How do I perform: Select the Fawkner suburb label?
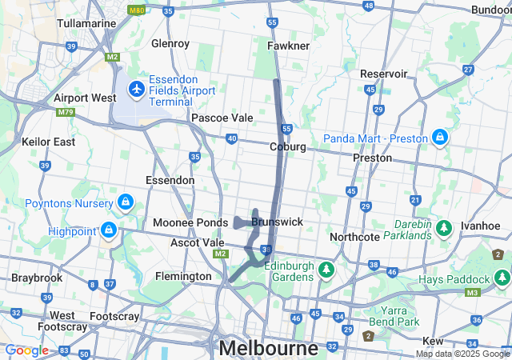[289, 46]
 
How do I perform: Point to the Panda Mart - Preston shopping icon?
[439, 138]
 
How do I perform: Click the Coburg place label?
[288, 146]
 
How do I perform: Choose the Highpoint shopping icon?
[108, 230]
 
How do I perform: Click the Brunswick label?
[277, 221]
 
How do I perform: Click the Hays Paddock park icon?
[501, 278]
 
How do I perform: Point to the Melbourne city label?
[268, 348]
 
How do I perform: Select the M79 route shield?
[65, 112]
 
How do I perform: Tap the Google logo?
[26, 350]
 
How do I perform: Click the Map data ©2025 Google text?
[462, 354]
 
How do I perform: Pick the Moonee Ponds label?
[179, 222]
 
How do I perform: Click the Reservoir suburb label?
[384, 74]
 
